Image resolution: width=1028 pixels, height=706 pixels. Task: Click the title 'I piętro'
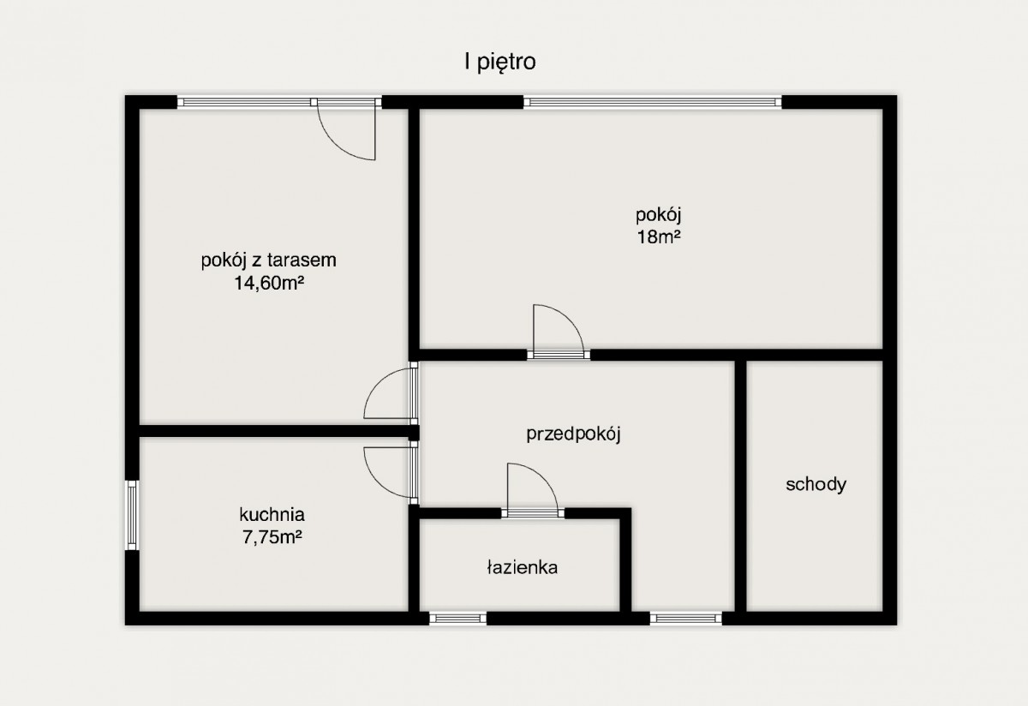tap(499, 63)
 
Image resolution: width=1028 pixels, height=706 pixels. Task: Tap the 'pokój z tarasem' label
tap(268, 260)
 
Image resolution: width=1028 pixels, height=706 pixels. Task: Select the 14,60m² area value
tap(269, 284)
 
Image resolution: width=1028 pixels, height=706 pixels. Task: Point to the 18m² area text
tap(658, 236)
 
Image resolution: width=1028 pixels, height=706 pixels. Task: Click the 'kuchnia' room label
tap(272, 515)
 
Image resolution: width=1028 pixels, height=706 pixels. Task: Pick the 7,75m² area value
tap(272, 537)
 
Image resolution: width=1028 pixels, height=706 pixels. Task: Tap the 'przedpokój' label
tap(573, 434)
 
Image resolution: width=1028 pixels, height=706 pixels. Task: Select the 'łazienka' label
tap(523, 568)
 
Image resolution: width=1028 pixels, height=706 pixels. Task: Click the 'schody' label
tap(816, 484)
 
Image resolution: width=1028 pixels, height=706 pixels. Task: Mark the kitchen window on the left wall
tap(132, 515)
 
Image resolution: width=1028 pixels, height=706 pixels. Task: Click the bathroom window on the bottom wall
tap(458, 619)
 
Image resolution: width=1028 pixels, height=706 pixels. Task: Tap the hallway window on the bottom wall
tap(686, 619)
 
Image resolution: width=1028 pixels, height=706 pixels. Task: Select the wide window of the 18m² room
tap(653, 102)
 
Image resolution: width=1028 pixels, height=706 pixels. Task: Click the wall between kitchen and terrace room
tap(279, 431)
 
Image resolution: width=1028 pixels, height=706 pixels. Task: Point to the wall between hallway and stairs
tap(741, 486)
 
